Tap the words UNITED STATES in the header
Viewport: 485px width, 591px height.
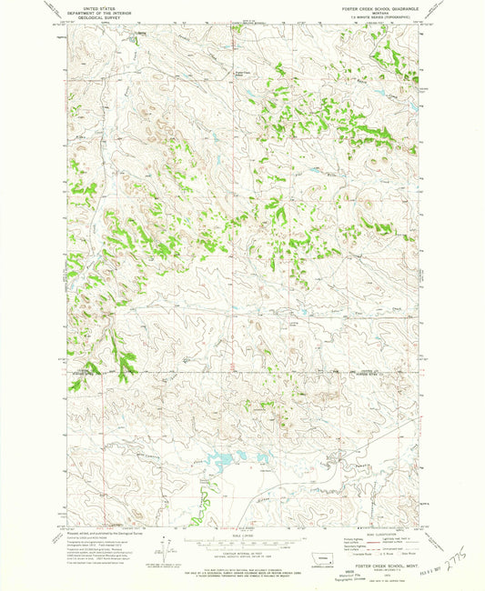click(93, 7)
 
